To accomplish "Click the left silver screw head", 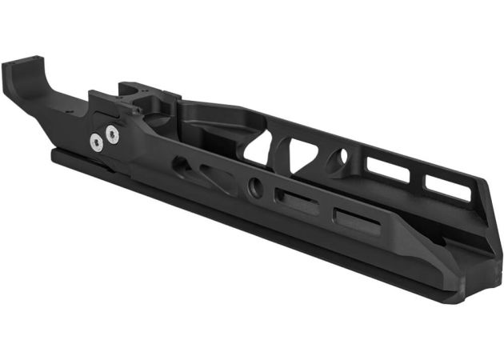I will (97, 143).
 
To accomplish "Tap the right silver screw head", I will (111, 133).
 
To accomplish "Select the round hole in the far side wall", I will (342, 157).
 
